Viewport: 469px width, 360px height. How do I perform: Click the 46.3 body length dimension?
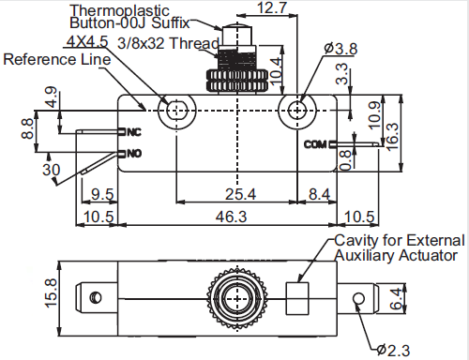click(x=231, y=217)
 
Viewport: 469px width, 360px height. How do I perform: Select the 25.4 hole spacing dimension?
click(x=240, y=194)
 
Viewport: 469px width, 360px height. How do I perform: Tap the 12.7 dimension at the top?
click(x=271, y=7)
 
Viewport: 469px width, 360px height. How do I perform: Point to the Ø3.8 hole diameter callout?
click(x=340, y=49)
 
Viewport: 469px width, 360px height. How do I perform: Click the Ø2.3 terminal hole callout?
click(x=393, y=351)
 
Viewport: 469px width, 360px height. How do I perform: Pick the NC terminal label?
click(x=134, y=132)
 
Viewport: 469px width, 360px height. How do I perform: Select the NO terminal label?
click(x=134, y=154)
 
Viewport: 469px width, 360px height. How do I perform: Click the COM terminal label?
click(x=315, y=144)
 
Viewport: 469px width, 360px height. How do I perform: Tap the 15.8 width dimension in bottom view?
click(x=51, y=292)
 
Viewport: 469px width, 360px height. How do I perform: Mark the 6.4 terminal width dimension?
click(x=396, y=298)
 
